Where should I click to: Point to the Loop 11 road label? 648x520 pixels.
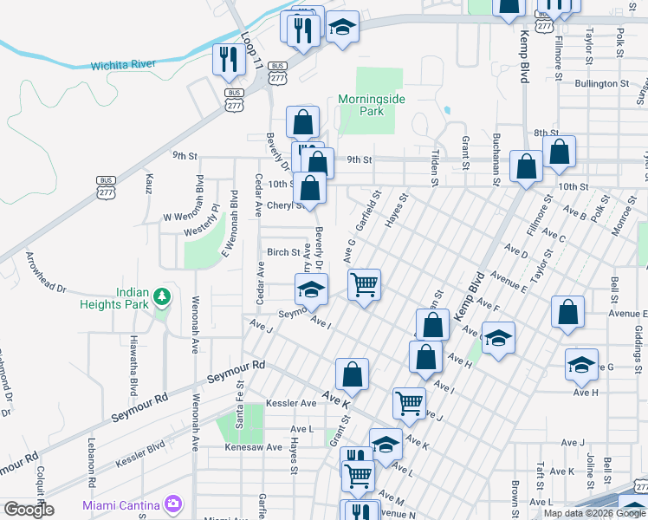tap(251, 51)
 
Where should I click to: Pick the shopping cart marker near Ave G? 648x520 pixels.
tap(365, 284)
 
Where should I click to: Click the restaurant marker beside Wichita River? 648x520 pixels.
tap(228, 60)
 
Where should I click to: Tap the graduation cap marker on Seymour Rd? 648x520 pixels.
tap(312, 289)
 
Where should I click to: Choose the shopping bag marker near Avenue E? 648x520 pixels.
tap(567, 313)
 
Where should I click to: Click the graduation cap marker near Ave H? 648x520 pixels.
tap(581, 364)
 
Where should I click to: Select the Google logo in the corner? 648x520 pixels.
tap(28, 510)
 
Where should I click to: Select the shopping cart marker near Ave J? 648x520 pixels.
tap(409, 402)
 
